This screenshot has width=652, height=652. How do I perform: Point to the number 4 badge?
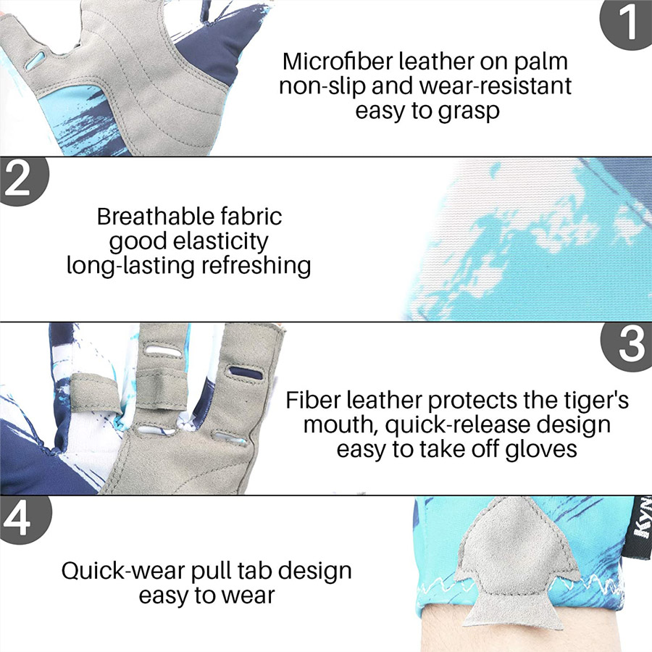click(24, 519)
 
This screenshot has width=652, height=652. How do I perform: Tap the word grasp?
click(469, 112)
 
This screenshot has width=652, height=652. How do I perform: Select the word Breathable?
click(155, 216)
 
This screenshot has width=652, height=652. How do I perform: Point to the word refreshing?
click(256, 266)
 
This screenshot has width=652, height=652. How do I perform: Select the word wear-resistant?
click(496, 86)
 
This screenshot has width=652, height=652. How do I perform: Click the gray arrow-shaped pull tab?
click(517, 562)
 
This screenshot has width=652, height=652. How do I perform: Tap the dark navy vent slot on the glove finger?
click(246, 372)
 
